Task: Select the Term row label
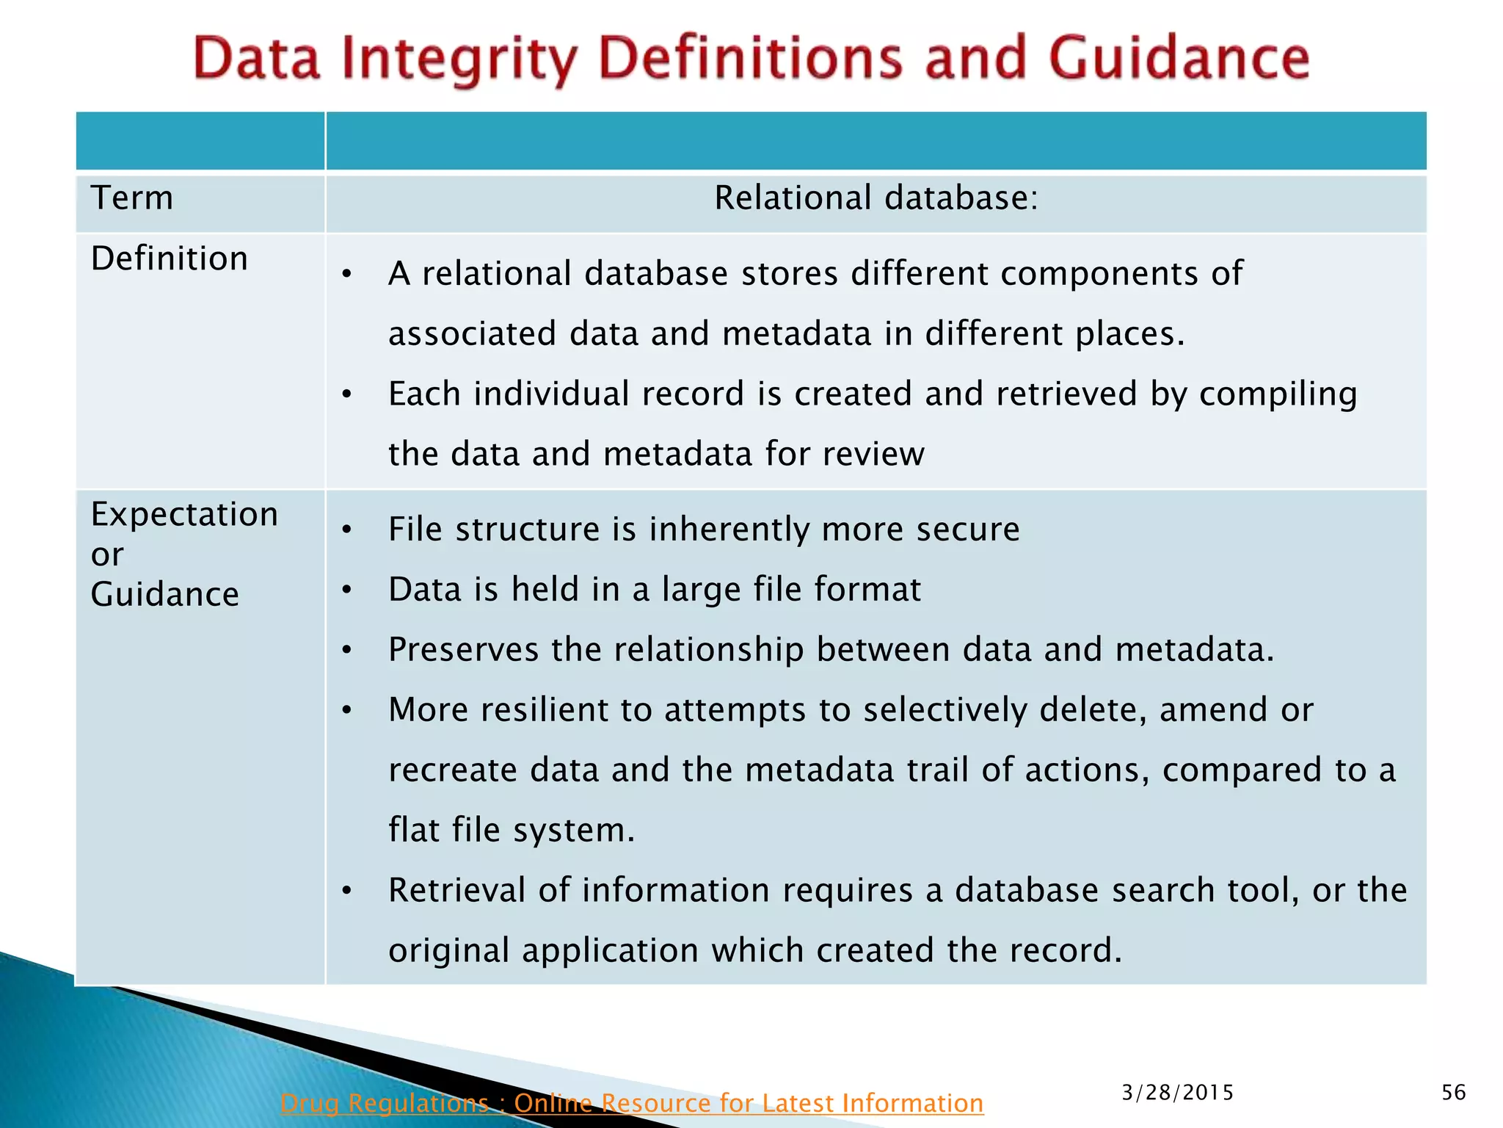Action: coord(132,198)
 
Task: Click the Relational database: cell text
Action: coord(876,198)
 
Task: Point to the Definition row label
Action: coord(170,258)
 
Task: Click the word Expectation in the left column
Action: coord(184,514)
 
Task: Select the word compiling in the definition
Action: coord(1278,394)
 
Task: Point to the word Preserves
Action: coord(464,650)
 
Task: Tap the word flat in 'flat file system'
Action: coord(414,830)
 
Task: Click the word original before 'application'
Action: coord(448,950)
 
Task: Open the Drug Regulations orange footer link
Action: coord(631,1103)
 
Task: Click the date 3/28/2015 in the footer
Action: coord(1177,1093)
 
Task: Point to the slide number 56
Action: coord(1453,1093)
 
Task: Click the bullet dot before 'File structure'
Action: coord(347,530)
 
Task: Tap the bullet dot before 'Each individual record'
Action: coord(347,395)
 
